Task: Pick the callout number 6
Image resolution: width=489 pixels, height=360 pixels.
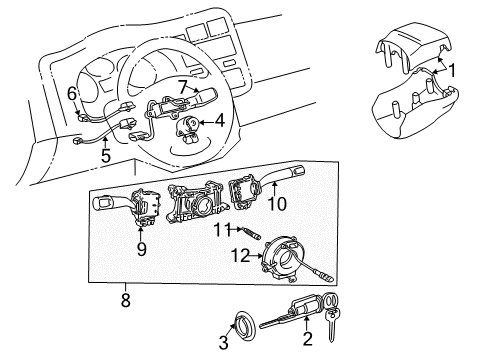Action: [x=72, y=93]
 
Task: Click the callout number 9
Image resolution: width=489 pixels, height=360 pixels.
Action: [x=142, y=249]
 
